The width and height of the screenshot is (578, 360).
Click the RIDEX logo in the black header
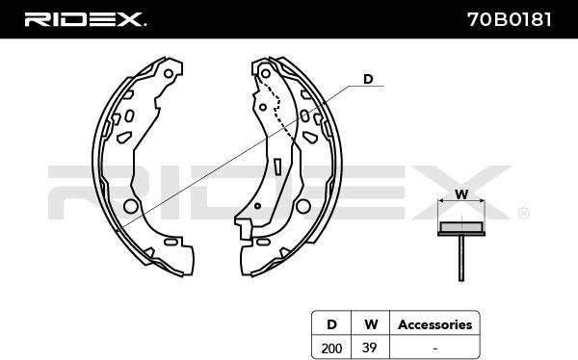[85, 19]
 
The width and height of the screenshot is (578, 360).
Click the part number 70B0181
[510, 19]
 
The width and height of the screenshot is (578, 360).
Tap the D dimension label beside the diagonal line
[368, 79]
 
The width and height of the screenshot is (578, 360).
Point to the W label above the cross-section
[461, 194]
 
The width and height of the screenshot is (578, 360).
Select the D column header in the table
[331, 324]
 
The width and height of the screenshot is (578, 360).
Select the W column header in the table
[371, 324]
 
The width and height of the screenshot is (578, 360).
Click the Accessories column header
[435, 324]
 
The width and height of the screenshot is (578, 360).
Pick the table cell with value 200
[331, 347]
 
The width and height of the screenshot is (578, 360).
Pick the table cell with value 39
[369, 347]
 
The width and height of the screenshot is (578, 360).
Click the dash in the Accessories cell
[435, 348]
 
